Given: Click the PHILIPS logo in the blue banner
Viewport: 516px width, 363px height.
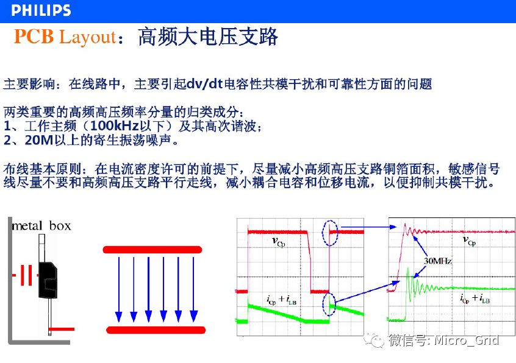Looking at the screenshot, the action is click(x=41, y=10).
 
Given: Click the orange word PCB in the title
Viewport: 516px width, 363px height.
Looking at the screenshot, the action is click(x=34, y=36).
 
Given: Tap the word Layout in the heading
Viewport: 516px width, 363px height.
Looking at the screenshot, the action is click(x=88, y=37).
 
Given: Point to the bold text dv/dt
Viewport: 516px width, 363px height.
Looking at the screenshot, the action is click(x=205, y=84).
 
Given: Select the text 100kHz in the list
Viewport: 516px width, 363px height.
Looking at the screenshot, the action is click(x=115, y=126).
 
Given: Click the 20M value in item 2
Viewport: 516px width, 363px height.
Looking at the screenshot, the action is click(x=39, y=140).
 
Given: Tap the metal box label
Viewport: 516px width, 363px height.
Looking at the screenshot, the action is click(x=41, y=226).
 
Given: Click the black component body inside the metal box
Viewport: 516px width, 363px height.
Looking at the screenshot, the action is click(x=48, y=280).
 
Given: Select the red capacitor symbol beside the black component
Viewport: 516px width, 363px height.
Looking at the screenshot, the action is click(x=26, y=275).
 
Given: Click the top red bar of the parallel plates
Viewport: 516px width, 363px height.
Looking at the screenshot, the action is click(x=152, y=250).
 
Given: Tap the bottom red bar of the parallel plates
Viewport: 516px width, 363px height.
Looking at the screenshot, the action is click(x=156, y=330).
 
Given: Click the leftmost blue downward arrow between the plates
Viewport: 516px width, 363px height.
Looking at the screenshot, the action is click(x=119, y=289).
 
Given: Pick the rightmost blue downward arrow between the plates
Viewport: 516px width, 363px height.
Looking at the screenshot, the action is click(x=193, y=289).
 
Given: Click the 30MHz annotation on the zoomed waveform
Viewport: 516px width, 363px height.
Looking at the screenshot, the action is click(x=438, y=261).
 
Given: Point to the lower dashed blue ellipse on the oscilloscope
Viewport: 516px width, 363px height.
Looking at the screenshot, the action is click(x=329, y=304).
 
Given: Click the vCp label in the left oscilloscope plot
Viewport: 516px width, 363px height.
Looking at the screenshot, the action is click(x=278, y=242).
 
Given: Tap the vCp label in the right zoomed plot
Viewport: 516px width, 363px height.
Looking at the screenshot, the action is click(x=469, y=241).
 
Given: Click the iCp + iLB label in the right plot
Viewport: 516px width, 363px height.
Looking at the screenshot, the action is click(x=475, y=298).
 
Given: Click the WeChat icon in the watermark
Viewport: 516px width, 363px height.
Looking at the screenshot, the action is click(x=374, y=340).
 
